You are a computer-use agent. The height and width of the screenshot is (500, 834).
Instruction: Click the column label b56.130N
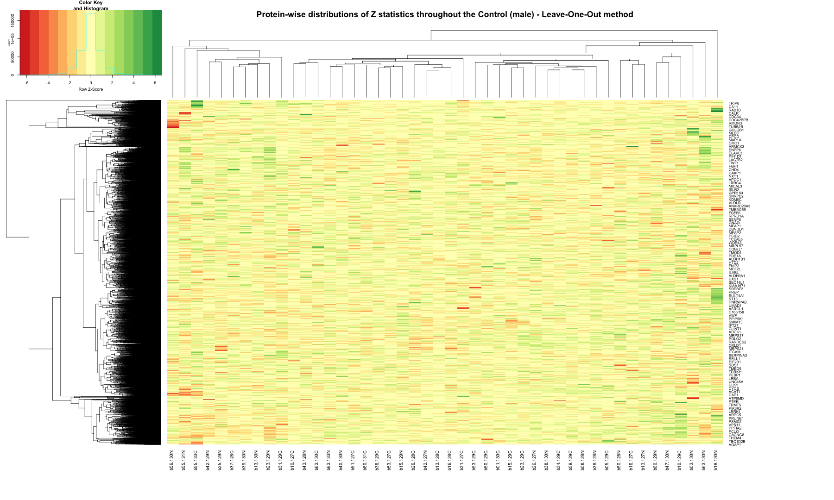pos(171,460)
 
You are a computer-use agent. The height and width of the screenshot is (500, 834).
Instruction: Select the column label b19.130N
pos(715,460)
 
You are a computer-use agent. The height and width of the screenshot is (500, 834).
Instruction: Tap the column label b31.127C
pos(461,460)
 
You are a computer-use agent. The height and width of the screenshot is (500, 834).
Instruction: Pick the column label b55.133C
pos(196,460)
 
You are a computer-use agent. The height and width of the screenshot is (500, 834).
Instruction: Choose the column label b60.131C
pos(365,460)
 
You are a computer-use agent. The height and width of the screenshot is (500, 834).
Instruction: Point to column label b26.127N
pos(534,460)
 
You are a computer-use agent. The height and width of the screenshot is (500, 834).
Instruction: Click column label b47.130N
pos(667,460)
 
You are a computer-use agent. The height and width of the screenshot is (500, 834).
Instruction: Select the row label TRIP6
pos(733,104)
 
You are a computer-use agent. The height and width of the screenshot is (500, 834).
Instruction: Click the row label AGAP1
pos(734,445)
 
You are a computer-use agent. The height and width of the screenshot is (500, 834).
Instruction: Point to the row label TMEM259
pos(737,210)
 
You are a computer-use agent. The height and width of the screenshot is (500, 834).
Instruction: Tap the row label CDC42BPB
pos(738,120)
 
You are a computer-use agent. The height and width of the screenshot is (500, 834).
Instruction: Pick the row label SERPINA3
pos(738,356)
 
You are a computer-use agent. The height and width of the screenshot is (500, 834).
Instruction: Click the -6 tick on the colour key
pos(26,83)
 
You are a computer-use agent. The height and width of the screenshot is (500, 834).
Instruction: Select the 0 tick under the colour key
pos(91,83)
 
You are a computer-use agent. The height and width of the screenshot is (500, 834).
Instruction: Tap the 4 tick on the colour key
pos(133,83)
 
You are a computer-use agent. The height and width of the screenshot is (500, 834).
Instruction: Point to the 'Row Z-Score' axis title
pos(91,89)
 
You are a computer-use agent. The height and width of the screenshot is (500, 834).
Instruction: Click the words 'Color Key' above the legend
pos(91,3)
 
